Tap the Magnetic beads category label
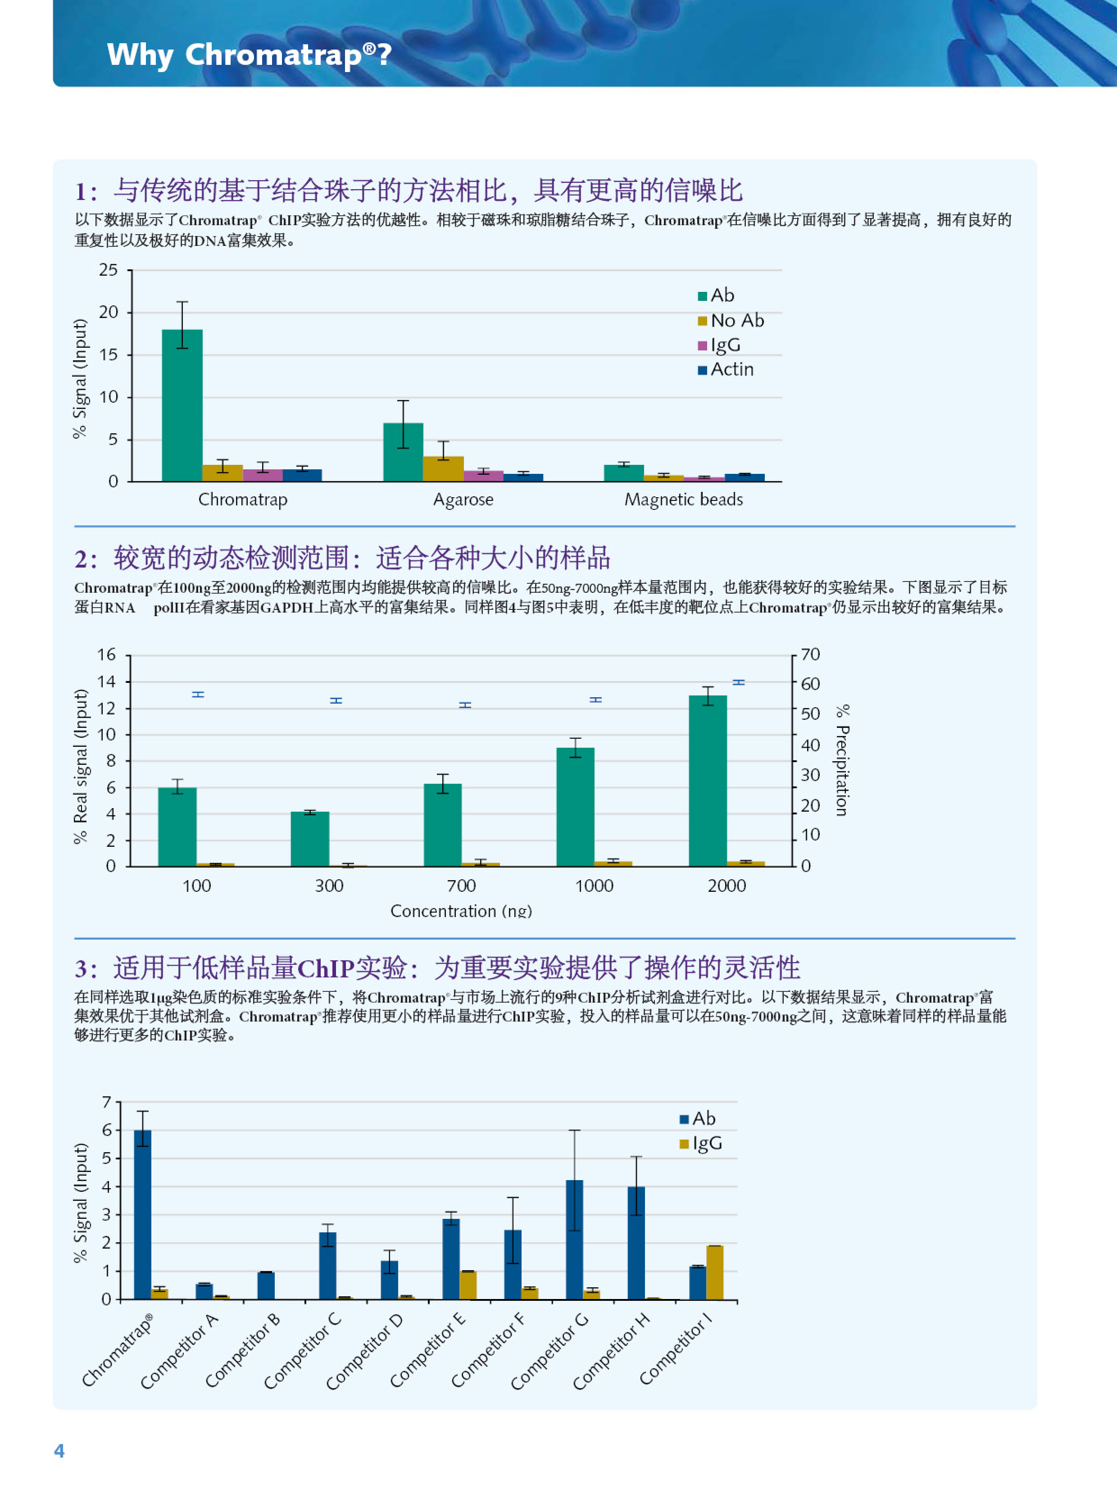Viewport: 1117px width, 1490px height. click(683, 500)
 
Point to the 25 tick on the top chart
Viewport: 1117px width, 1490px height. click(108, 270)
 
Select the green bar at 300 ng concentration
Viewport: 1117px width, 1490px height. click(310, 839)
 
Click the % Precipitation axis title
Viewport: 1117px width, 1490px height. click(842, 760)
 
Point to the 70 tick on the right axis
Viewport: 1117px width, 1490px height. click(810, 655)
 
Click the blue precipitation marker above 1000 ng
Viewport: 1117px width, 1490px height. click(595, 700)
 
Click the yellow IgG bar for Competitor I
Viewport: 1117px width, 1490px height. click(715, 1272)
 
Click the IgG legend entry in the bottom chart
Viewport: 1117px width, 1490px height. click(701, 1143)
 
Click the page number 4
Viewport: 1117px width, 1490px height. click(59, 1450)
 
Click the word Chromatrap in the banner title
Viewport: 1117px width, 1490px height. click(273, 55)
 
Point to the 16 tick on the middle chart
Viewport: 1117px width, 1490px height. click(106, 655)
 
